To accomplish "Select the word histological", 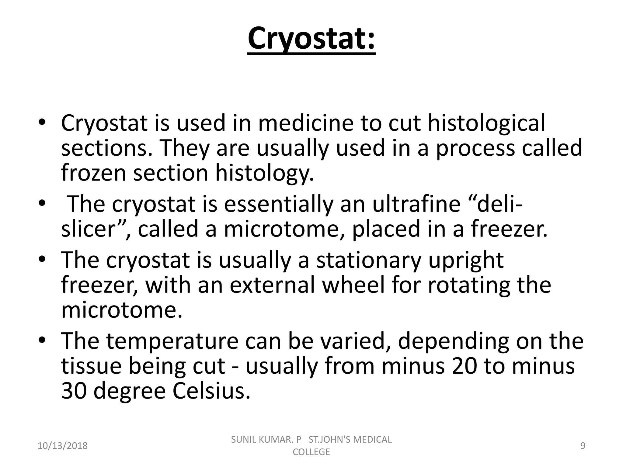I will [486, 123].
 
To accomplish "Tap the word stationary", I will [369, 261].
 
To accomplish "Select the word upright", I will [466, 261].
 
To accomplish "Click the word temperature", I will [172, 341].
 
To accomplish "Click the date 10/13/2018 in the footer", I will [63, 446].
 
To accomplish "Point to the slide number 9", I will [583, 446].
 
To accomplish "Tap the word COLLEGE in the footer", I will [311, 452].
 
